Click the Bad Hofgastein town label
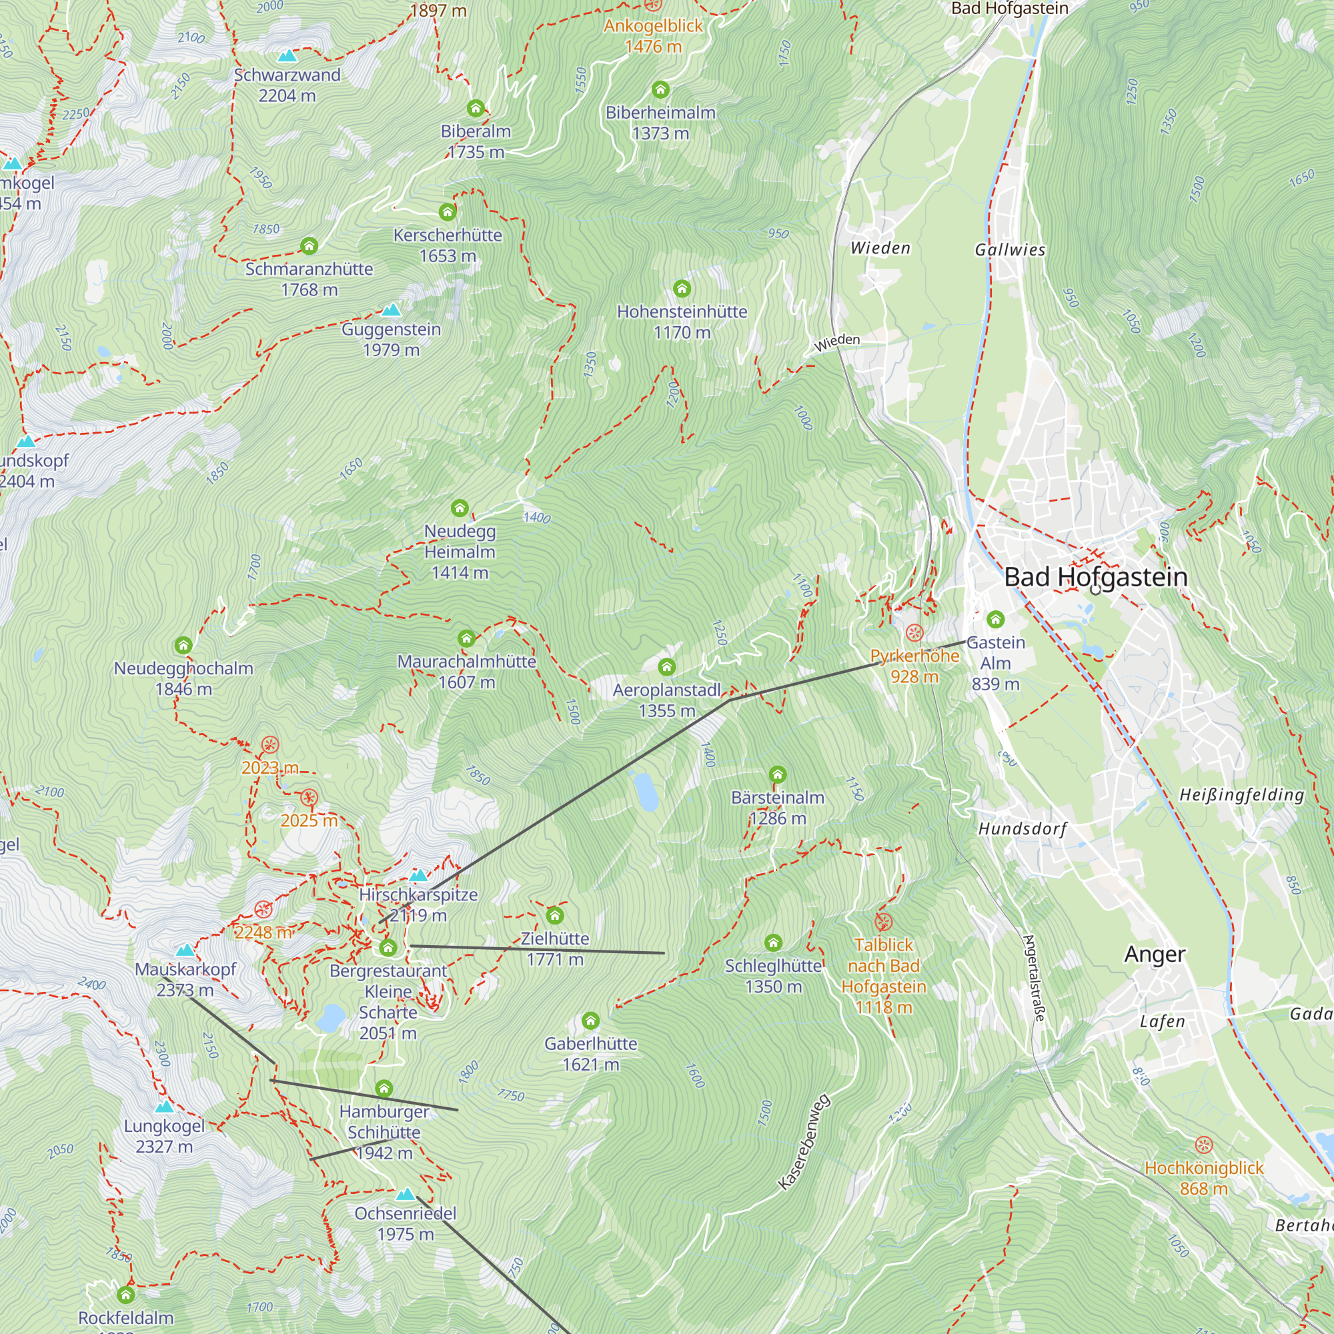point(1095,576)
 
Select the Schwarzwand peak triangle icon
point(287,55)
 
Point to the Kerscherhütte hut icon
point(448,211)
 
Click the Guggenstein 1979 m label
point(391,340)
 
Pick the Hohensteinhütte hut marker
point(682,288)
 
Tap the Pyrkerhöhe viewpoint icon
point(914,632)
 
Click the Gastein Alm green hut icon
point(995,619)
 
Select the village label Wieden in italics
point(880,248)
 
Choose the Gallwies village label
point(1009,250)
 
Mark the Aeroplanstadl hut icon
point(666,666)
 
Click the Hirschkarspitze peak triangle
point(418,876)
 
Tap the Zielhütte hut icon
point(554,916)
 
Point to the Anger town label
point(1155,954)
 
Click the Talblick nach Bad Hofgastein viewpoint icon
point(883,922)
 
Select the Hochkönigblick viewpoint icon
point(1203,1145)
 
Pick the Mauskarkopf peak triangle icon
point(185,950)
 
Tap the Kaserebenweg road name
point(804,1142)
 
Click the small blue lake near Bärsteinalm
point(646,791)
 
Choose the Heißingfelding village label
point(1241,795)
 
